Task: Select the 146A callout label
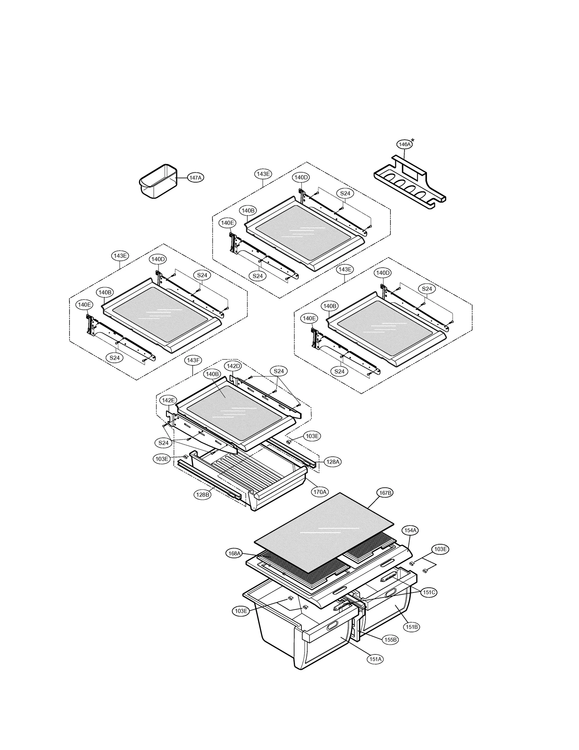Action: (x=404, y=144)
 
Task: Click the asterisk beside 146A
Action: (x=413, y=141)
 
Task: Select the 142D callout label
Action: (x=233, y=366)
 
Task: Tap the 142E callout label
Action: (x=168, y=400)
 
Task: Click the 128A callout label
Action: (x=333, y=462)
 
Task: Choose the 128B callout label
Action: (x=202, y=495)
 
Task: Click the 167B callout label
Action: (x=384, y=493)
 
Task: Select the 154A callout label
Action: (x=410, y=530)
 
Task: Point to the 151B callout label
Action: (x=412, y=627)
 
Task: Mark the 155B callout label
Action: (x=390, y=640)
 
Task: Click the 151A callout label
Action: (x=375, y=659)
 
